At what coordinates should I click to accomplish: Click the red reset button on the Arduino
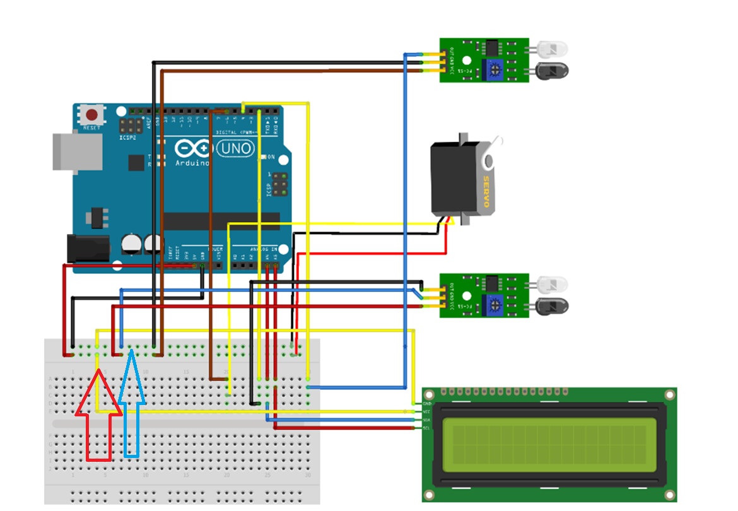92,115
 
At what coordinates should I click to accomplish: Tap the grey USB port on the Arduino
77,151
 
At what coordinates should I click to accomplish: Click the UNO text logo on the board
236,149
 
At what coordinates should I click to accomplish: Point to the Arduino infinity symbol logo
194,149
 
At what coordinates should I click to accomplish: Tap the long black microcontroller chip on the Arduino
221,221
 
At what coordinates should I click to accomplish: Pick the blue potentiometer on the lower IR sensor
493,305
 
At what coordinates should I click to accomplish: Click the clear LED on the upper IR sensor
551,49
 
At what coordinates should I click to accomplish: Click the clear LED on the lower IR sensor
551,285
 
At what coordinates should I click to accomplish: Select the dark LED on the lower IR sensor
551,307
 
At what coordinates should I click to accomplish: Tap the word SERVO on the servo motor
486,193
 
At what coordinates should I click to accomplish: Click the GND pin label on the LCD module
426,402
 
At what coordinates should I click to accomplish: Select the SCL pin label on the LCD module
426,428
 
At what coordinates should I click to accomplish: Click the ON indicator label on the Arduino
271,157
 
